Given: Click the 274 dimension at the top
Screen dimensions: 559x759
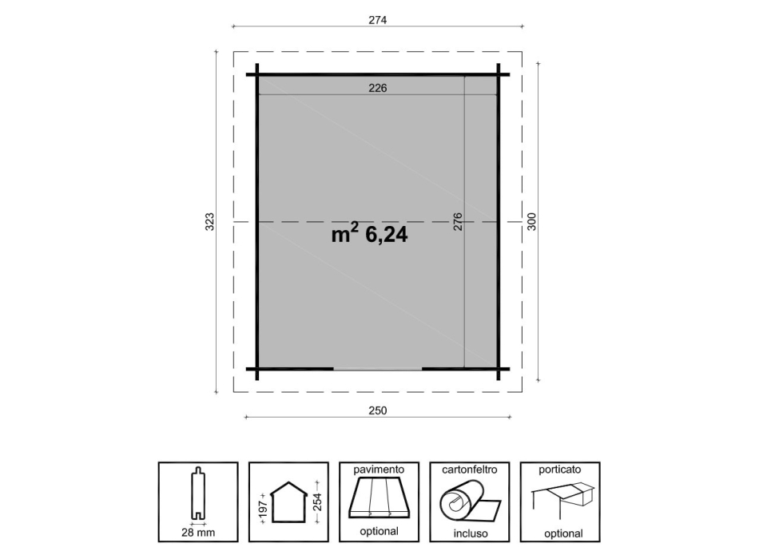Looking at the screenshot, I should point(378,20).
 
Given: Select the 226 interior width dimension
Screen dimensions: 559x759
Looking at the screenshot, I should point(377,89).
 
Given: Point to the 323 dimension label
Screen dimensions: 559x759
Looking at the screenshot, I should point(209,222).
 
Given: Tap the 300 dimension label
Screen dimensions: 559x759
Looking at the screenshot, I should point(531,222).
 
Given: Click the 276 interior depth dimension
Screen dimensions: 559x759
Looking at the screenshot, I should point(458,222).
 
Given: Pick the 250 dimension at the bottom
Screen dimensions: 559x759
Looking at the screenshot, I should point(378,410).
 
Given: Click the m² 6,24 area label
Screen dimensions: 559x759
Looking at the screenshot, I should point(369,235).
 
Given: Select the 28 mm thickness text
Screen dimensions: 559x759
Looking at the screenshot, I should point(198,531).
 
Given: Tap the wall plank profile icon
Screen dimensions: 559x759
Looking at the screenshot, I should point(198,496).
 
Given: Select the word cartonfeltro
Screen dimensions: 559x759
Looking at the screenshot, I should point(469,470).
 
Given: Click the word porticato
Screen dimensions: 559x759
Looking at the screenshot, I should point(559,470).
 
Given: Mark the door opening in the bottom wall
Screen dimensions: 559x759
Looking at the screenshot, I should point(377,369).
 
